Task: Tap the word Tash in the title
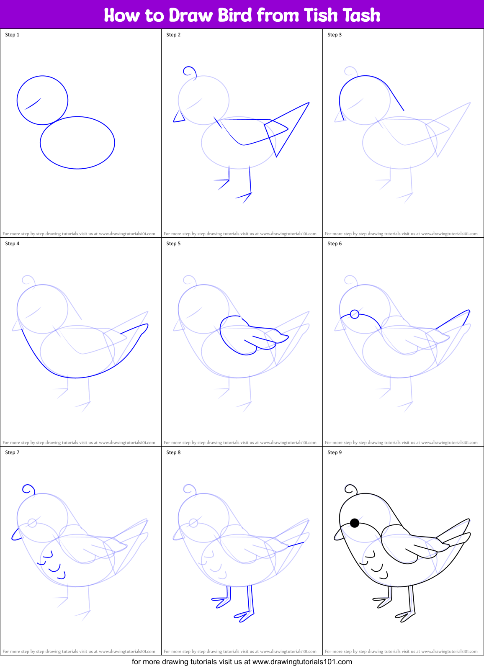(361, 15)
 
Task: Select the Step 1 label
(12, 35)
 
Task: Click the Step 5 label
(173, 244)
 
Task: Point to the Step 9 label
(335, 452)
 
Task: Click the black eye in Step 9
(355, 523)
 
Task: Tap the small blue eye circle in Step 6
(354, 314)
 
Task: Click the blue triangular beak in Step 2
(179, 117)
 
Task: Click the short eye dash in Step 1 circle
(33, 104)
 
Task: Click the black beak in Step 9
(338, 534)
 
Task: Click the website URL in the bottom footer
(302, 662)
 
